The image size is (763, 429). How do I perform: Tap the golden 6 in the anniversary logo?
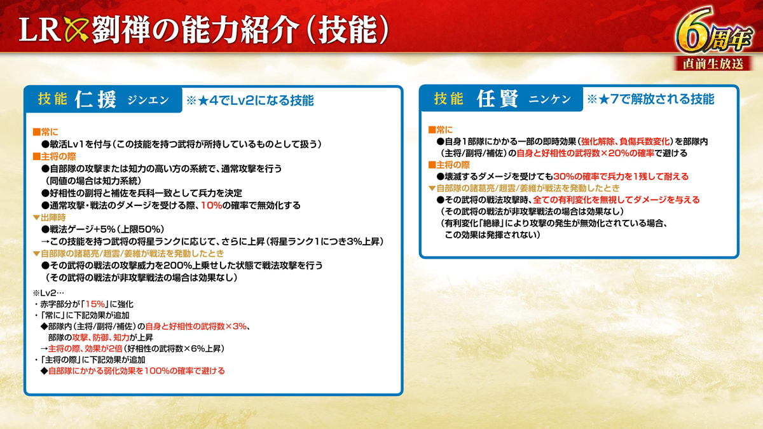[x=692, y=30]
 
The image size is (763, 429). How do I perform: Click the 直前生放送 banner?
[x=713, y=64]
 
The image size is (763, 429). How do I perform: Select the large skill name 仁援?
[x=96, y=99]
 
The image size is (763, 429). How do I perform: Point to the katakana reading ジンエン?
[x=148, y=100]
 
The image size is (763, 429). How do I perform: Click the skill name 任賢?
[x=498, y=99]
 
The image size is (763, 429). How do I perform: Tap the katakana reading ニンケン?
[x=550, y=99]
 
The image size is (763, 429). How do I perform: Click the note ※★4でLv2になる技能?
[x=250, y=100]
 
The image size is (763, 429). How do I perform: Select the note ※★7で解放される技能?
[x=650, y=99]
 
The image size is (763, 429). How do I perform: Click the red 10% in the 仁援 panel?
[x=212, y=205]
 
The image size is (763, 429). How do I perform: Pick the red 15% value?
[x=95, y=304]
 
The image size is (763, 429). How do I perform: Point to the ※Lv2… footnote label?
[x=48, y=293]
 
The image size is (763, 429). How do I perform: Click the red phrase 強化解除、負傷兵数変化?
[x=626, y=141]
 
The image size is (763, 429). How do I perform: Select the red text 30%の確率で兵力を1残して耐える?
[x=621, y=177]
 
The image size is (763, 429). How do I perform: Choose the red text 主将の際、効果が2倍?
[x=85, y=348]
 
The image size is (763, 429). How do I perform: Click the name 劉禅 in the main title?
[x=121, y=30]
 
